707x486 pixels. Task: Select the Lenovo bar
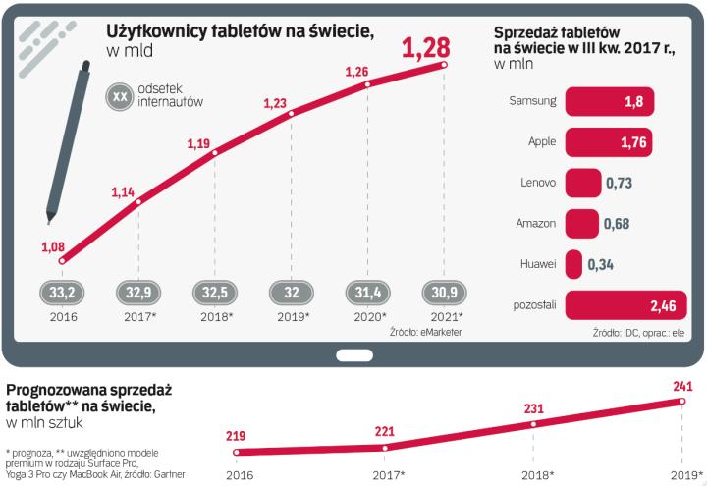pos(583,183)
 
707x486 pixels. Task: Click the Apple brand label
pos(542,141)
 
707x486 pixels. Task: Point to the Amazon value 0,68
pos(618,224)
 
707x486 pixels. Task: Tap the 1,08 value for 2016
pos(53,246)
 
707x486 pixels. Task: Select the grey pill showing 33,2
pos(62,292)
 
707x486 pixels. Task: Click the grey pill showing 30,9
pos(445,292)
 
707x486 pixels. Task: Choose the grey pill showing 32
pos(292,292)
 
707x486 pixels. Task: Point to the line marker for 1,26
pos(368,84)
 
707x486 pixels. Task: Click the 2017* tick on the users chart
pos(138,316)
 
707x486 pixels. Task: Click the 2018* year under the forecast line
pos(533,475)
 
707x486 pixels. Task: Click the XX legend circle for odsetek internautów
pos(122,97)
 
